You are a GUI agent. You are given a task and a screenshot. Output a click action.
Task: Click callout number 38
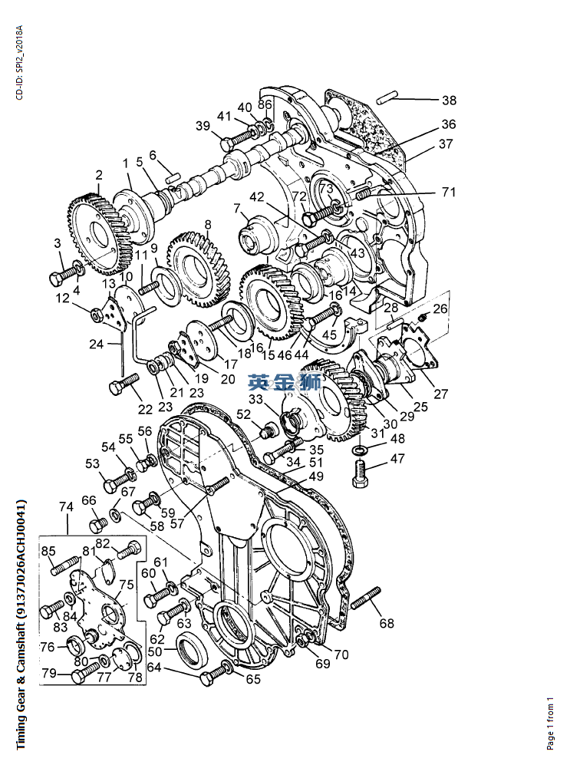point(449,100)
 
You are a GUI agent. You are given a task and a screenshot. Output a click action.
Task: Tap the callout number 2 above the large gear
point(99,175)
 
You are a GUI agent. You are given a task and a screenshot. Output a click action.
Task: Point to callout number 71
point(449,192)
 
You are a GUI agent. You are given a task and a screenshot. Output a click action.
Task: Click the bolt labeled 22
point(124,384)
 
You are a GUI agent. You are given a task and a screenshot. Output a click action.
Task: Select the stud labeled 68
point(365,598)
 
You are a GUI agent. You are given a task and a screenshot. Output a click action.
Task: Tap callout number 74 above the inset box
point(66,507)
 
